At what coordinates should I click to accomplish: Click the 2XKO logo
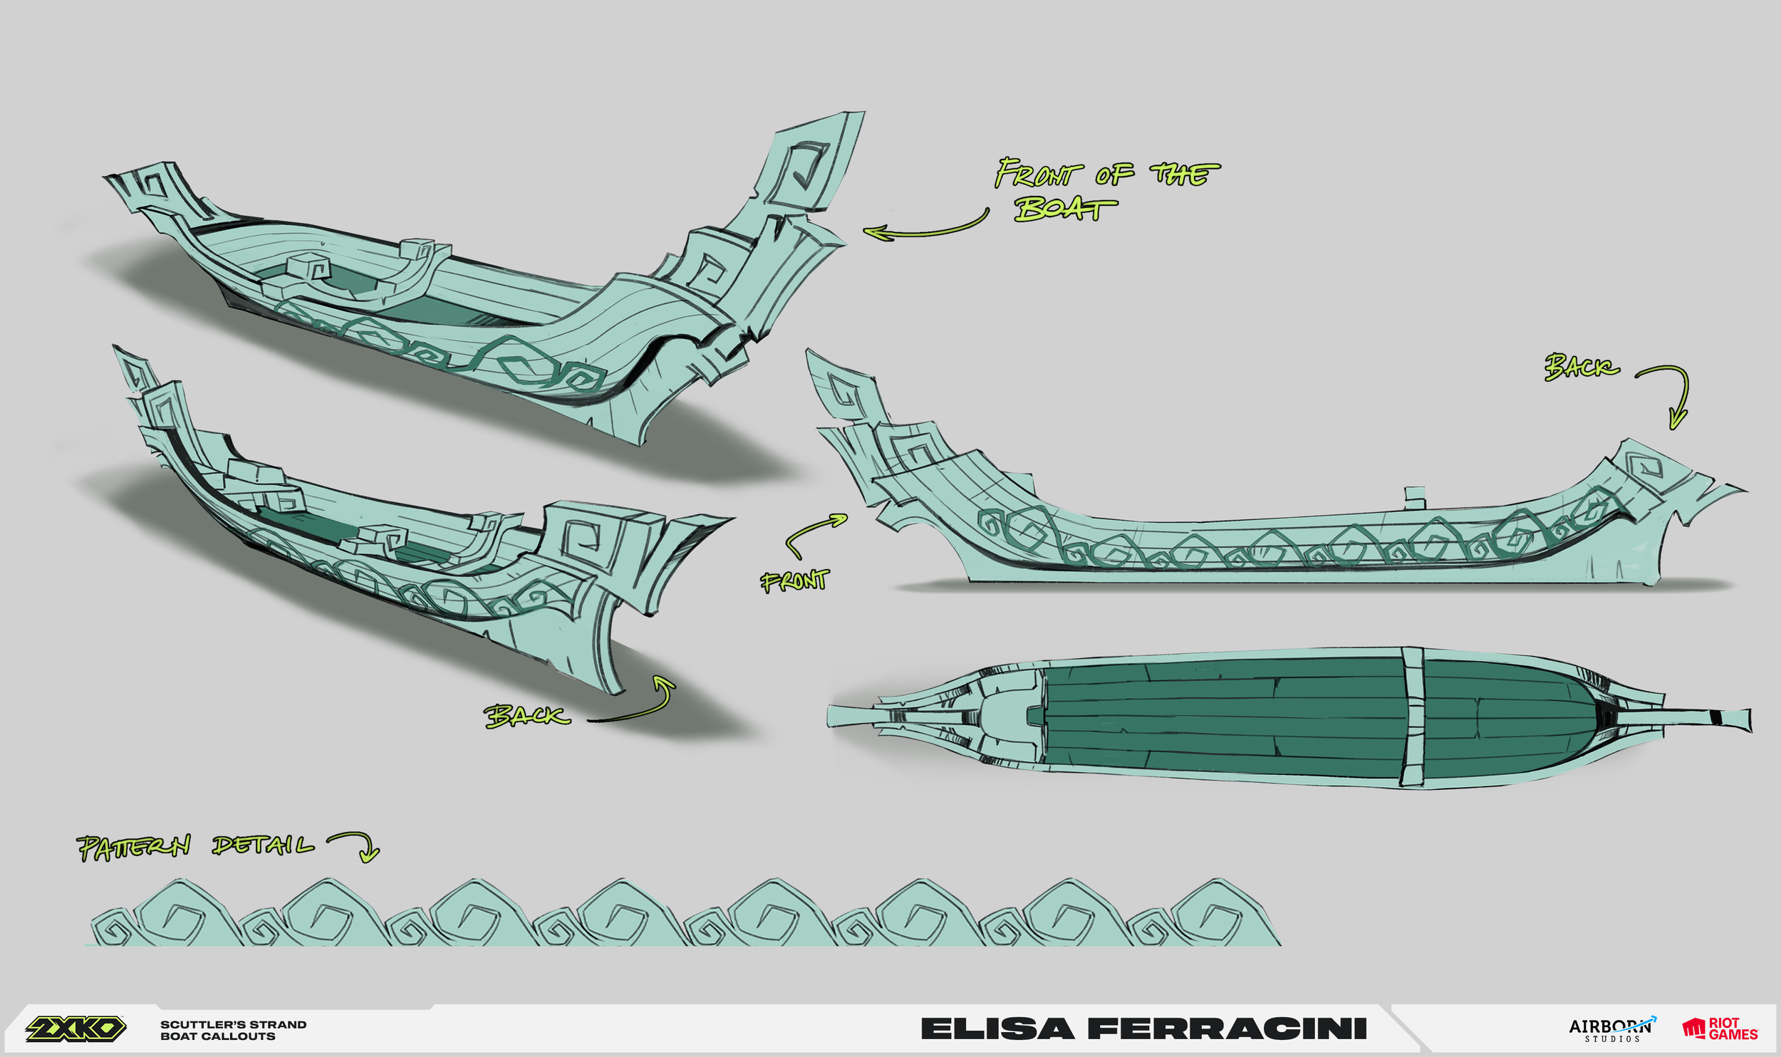coord(76,1029)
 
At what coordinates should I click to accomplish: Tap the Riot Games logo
coord(1720,1029)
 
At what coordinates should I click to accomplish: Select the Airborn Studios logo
coord(1611,1029)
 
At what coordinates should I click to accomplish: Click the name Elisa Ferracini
coord(1143,1029)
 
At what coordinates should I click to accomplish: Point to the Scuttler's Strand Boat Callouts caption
coord(233,1030)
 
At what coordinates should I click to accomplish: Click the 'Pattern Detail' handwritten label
coord(194,846)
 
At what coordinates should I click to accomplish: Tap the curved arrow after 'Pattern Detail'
coord(358,845)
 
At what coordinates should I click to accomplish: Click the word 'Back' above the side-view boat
coord(1581,367)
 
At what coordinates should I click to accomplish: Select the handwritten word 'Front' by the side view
coord(794,580)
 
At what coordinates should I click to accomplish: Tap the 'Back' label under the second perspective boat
coord(527,715)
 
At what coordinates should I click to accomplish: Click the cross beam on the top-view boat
coord(1413,717)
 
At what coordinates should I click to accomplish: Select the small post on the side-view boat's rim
coord(1414,497)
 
